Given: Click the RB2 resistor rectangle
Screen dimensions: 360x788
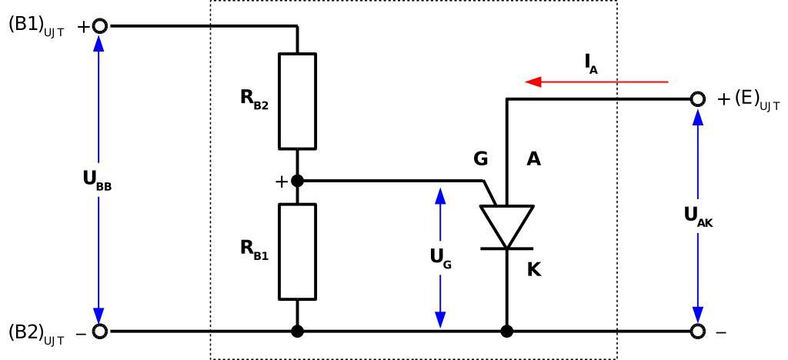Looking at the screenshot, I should (297, 100).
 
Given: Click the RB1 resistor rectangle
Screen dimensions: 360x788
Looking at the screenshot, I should (297, 252).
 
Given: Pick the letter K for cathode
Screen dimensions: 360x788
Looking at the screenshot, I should (535, 269).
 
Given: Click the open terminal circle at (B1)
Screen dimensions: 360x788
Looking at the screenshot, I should (98, 26).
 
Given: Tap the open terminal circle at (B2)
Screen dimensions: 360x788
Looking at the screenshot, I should (98, 332).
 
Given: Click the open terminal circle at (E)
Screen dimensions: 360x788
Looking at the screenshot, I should (697, 99).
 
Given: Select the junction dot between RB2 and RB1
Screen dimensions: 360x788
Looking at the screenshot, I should (297, 182).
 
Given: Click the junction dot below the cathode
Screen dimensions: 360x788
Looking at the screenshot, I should (506, 332).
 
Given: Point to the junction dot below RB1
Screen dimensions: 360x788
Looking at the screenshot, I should (297, 332).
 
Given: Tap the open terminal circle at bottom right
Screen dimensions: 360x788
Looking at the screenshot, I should (697, 332).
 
